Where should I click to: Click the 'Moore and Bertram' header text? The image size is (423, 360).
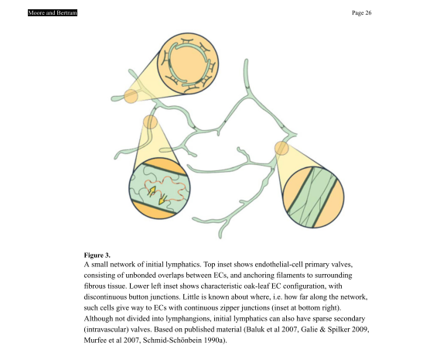(53, 12)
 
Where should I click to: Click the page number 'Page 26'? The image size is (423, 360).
(361, 12)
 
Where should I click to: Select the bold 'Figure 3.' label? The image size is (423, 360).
(97, 255)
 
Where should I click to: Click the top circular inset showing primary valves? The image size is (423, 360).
(188, 63)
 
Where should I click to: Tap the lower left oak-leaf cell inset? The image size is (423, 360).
(159, 188)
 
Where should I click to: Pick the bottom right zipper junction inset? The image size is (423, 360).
(313, 197)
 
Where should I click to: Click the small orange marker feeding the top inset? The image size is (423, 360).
(131, 96)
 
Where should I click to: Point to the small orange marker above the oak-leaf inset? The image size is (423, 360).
(150, 122)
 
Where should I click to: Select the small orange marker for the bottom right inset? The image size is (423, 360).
(281, 149)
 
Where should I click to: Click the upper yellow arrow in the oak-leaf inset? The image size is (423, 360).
(152, 190)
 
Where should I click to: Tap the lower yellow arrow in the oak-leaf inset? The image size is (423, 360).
(162, 199)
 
